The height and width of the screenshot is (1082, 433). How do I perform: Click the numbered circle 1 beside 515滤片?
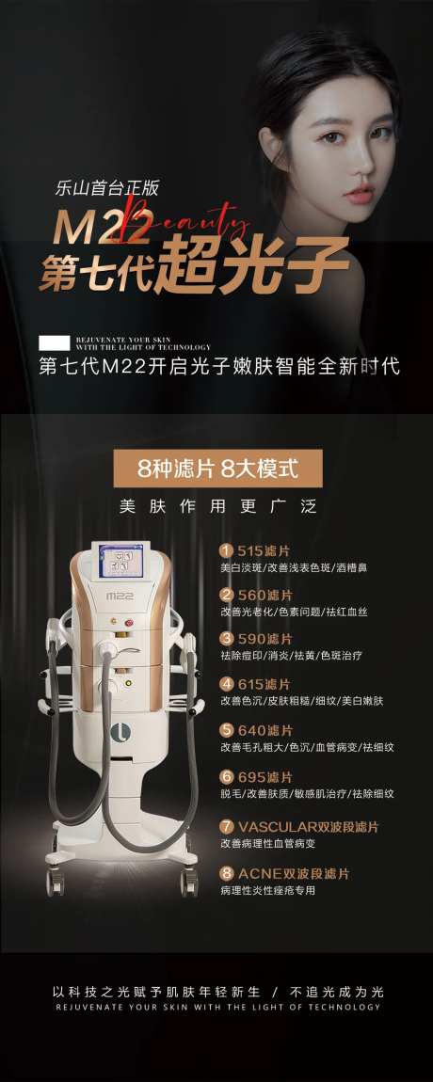tap(226, 550)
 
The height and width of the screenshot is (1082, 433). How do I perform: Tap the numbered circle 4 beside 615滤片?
tap(226, 683)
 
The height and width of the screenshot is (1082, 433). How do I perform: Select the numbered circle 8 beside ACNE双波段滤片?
tap(226, 873)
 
